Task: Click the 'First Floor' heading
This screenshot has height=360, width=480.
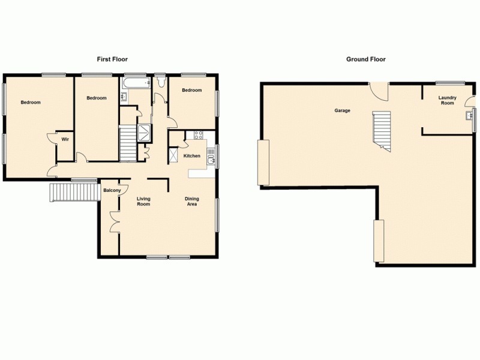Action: pyautogui.click(x=112, y=59)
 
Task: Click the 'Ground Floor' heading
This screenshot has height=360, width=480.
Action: pyautogui.click(x=365, y=59)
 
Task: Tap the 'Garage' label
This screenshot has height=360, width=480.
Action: pyautogui.click(x=342, y=110)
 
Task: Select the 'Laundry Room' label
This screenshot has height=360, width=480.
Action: pyautogui.click(x=447, y=100)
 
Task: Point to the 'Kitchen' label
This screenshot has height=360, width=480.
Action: pyautogui.click(x=191, y=156)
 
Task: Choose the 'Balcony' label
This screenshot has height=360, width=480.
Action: pyautogui.click(x=112, y=191)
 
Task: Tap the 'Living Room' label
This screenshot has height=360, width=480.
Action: pyautogui.click(x=143, y=201)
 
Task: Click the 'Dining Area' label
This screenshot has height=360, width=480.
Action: pyautogui.click(x=192, y=201)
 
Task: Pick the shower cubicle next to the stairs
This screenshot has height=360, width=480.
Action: pyautogui.click(x=145, y=133)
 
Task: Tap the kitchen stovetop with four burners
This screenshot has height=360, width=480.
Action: pyautogui.click(x=199, y=134)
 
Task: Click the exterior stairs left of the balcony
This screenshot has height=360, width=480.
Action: pyautogui.click(x=74, y=193)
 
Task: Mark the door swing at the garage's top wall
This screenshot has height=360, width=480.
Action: pyautogui.click(x=378, y=91)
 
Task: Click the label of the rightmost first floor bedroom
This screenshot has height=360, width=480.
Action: pyautogui.click(x=191, y=90)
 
